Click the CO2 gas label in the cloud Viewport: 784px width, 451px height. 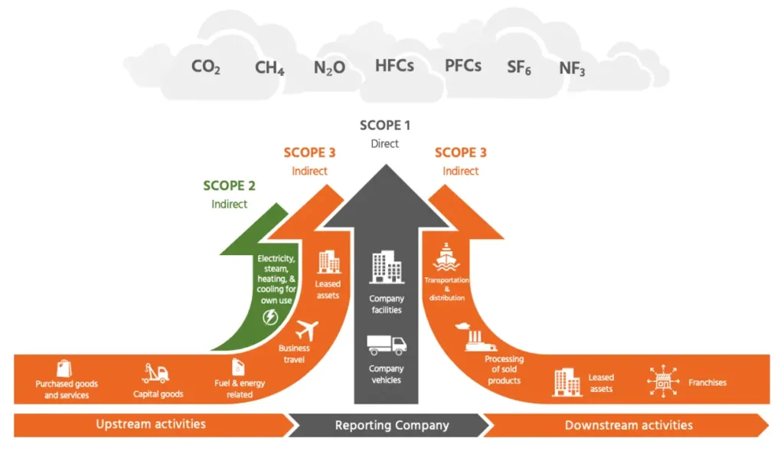[206, 67]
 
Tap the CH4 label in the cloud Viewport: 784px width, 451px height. [269, 68]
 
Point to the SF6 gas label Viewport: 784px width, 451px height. [518, 67]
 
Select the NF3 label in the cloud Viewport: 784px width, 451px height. [572, 68]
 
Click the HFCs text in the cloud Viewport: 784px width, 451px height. [394, 66]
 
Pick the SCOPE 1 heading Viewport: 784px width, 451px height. [385, 125]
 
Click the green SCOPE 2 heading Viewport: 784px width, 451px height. [230, 185]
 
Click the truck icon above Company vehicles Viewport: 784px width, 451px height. [387, 345]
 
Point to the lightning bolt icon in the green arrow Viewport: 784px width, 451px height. [271, 317]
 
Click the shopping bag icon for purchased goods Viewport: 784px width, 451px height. [65, 369]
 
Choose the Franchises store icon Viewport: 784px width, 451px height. [662, 381]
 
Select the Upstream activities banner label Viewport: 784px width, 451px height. [151, 424]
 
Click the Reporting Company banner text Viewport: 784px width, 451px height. [392, 425]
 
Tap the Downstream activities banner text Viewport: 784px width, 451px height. [629, 425]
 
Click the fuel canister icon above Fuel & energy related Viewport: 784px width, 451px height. [238, 368]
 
